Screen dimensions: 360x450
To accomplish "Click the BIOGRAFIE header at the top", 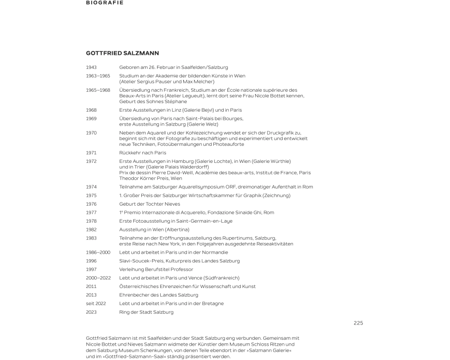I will pyautogui.click(x=104, y=3).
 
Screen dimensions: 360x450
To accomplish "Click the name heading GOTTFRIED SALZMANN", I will pyautogui.click(x=122, y=53).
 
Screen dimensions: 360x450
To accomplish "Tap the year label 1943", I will pyautogui.click(x=91, y=67).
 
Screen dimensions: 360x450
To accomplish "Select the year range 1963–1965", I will pyautogui.click(x=98, y=76).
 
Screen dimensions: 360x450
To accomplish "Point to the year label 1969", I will pyautogui.click(x=91, y=119).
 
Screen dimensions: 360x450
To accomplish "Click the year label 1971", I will pyautogui.click(x=91, y=153).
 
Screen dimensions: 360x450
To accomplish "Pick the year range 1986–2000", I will pyautogui.click(x=98, y=252).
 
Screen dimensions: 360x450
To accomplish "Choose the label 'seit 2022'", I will pyautogui.click(x=96, y=304).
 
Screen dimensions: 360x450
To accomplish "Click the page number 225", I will pyautogui.click(x=358, y=323).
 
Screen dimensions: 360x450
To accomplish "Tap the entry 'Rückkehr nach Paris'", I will pyautogui.click(x=143, y=153).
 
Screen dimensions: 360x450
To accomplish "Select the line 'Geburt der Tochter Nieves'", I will pyautogui.click(x=149, y=204).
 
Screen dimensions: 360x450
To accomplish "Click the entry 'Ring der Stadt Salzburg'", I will pyautogui.click(x=146, y=312).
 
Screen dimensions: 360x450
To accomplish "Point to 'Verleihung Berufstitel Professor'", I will pyautogui.click(x=156, y=270).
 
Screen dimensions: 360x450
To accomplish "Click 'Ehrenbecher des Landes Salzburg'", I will pyautogui.click(x=158, y=295).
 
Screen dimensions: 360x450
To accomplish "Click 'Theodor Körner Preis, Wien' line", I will pyautogui.click(x=151, y=179).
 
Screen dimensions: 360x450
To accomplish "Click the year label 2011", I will pyautogui.click(x=91, y=287).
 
